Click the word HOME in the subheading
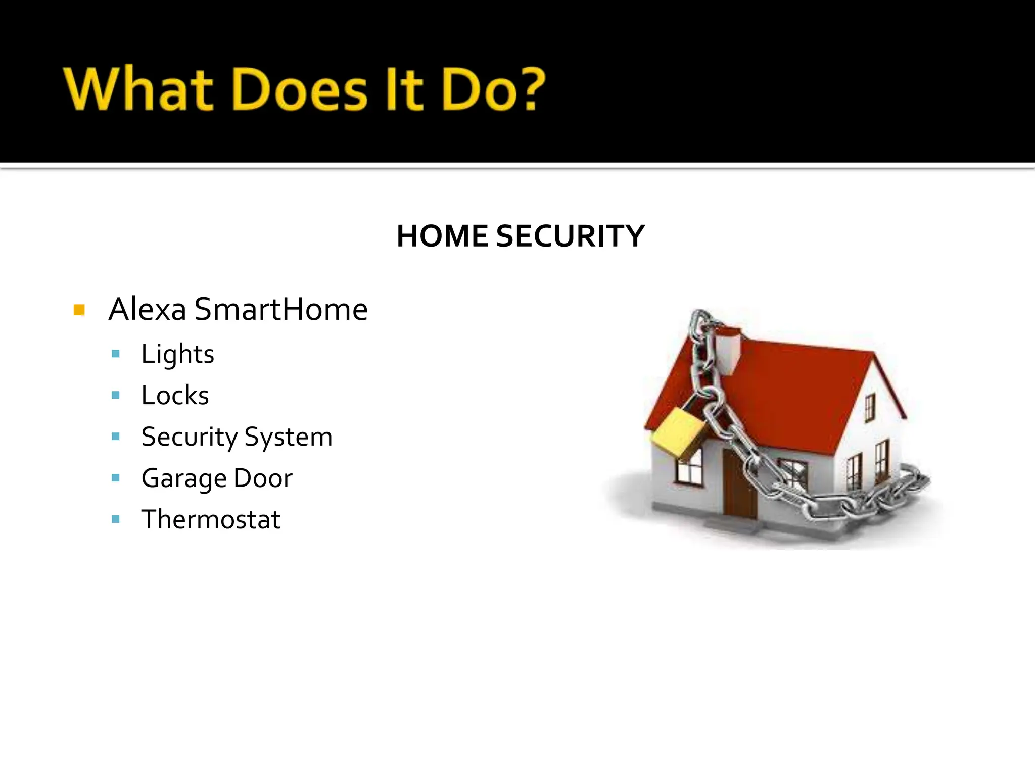(442, 236)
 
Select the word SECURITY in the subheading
(570, 236)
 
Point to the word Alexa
(147, 309)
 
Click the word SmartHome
(281, 309)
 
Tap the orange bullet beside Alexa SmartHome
(79, 310)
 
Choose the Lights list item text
(177, 354)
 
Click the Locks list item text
(175, 396)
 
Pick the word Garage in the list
(184, 478)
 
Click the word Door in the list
(263, 478)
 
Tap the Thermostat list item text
(211, 519)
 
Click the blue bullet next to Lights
(116, 354)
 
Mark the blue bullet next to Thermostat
(116, 519)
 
